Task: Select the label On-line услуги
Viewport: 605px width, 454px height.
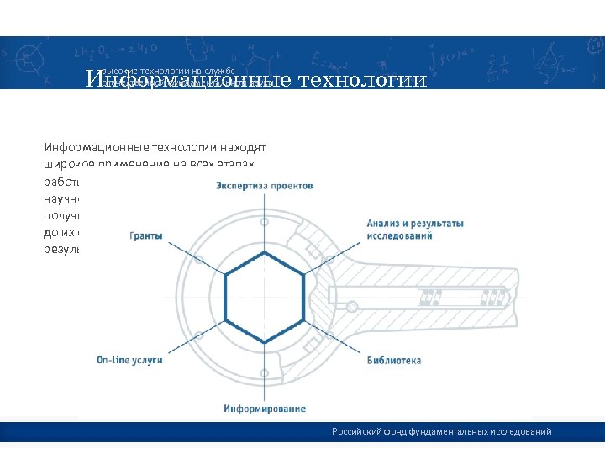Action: [x=129, y=360]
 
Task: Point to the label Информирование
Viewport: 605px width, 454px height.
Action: [x=264, y=409]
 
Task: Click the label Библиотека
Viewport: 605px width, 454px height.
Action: [x=393, y=361]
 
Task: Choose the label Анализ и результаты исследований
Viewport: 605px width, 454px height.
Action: [x=414, y=230]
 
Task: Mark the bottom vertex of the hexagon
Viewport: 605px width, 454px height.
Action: [x=265, y=343]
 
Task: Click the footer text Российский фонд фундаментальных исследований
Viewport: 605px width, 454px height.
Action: [x=441, y=431]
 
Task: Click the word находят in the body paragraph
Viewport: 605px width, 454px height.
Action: [x=244, y=144]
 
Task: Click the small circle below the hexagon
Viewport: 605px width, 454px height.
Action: [x=265, y=372]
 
